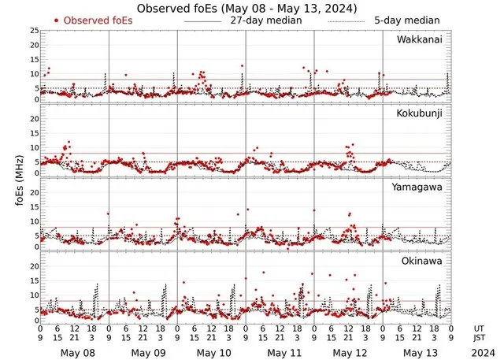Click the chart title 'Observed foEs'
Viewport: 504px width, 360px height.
pos(246,7)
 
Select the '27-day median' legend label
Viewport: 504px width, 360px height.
pos(265,20)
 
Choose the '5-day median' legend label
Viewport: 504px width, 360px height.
pos(406,20)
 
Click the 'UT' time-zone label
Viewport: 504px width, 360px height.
pos(480,328)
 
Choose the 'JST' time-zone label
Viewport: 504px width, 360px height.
pos(480,338)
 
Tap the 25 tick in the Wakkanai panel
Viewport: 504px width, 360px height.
pos(33,31)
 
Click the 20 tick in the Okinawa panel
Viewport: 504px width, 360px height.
pos(33,266)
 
